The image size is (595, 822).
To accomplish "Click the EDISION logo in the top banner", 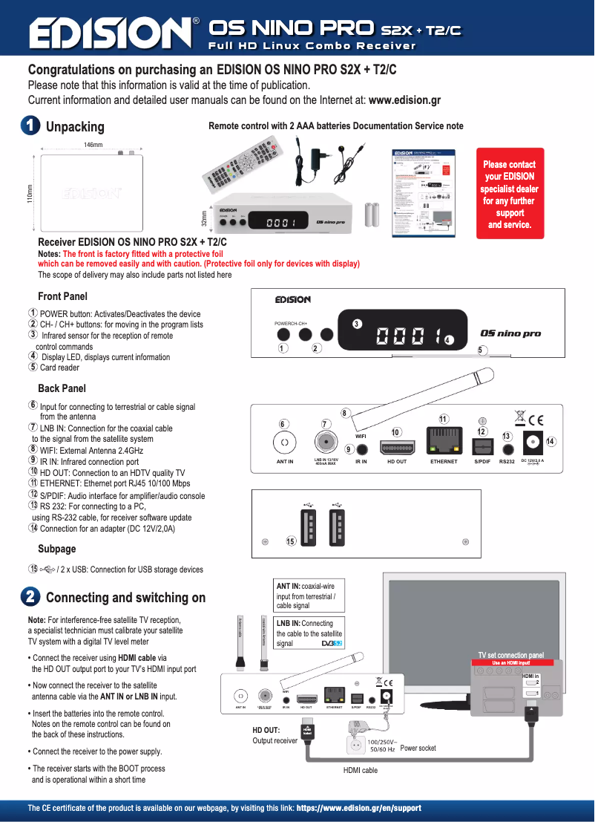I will [109, 33].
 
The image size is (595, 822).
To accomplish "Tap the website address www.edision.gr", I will [404, 100].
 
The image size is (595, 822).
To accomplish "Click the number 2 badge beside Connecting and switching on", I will [30, 597].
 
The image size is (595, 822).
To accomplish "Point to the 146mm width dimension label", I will [93, 144].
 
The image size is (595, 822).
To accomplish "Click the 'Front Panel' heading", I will [62, 296].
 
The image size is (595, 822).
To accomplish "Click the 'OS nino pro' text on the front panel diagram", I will [510, 333].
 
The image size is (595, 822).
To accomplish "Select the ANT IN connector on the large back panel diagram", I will [284, 443].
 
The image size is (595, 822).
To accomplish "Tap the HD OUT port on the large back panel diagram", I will [397, 446].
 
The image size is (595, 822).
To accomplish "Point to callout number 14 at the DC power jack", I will [550, 442].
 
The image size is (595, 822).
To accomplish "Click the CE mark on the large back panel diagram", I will [534, 417].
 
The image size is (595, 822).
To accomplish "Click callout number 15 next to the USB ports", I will [292, 541].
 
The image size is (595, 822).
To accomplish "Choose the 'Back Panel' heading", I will [62, 388].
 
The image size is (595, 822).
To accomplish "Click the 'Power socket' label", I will [418, 748].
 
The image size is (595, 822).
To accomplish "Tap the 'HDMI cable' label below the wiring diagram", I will [360, 771].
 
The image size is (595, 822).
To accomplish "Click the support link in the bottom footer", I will [358, 808].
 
